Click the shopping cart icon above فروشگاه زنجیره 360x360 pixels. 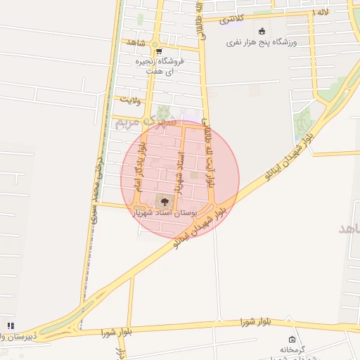point(159,51)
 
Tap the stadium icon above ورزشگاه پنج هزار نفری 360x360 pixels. point(262,31)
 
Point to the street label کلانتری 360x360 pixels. point(233,19)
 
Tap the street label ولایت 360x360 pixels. point(132,100)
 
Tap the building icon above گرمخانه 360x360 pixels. point(292,340)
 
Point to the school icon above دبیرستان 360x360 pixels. point(10,326)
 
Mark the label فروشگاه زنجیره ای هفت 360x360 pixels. point(160,66)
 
